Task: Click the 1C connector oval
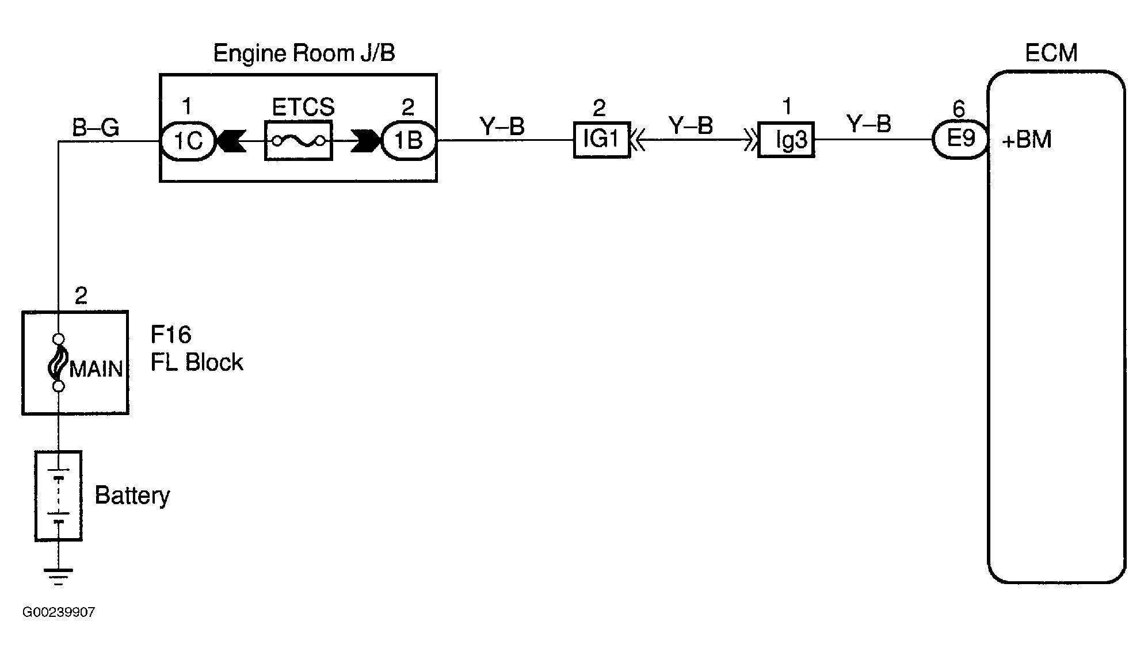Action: [x=187, y=140]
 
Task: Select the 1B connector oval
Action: [x=409, y=140]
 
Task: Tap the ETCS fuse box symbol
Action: [x=299, y=140]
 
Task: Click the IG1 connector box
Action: [x=601, y=140]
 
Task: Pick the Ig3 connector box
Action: [x=786, y=140]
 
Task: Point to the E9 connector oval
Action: [x=960, y=140]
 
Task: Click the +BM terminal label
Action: [x=1027, y=140]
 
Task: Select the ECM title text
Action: [x=1051, y=53]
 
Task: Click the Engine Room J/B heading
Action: [x=304, y=53]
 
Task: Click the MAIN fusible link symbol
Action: [x=58, y=363]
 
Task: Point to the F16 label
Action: [x=171, y=335]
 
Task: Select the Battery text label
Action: [x=132, y=496]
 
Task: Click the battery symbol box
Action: [x=58, y=496]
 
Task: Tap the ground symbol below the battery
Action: [x=58, y=575]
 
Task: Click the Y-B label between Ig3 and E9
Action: [x=868, y=124]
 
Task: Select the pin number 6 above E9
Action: [x=959, y=108]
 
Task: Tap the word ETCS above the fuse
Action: [x=303, y=108]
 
